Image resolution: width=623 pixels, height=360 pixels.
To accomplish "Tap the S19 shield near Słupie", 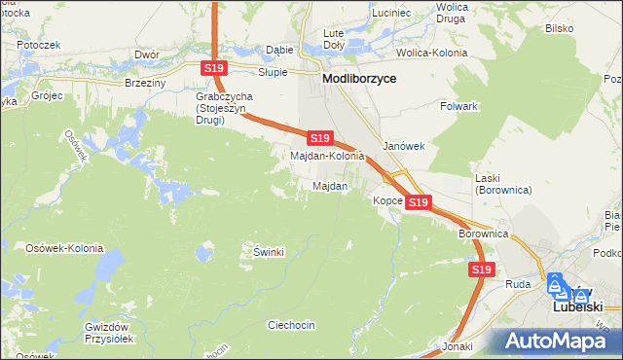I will [215, 68].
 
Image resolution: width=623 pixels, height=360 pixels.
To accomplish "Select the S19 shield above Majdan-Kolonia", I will [320, 139].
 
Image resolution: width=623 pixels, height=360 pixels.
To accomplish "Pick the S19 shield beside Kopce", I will [418, 202].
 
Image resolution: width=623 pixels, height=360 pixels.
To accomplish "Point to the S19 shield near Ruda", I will [480, 270].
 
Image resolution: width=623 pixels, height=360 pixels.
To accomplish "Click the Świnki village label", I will [268, 252].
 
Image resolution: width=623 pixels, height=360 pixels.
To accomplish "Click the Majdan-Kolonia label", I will [328, 156].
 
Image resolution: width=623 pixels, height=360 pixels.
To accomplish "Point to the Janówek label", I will [404, 146].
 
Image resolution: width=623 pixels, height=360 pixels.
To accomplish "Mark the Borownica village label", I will [484, 234].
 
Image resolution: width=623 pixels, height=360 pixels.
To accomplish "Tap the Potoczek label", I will [39, 45].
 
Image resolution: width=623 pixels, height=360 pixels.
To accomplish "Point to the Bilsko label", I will [560, 28].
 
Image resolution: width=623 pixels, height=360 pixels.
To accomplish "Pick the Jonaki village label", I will [457, 346].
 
